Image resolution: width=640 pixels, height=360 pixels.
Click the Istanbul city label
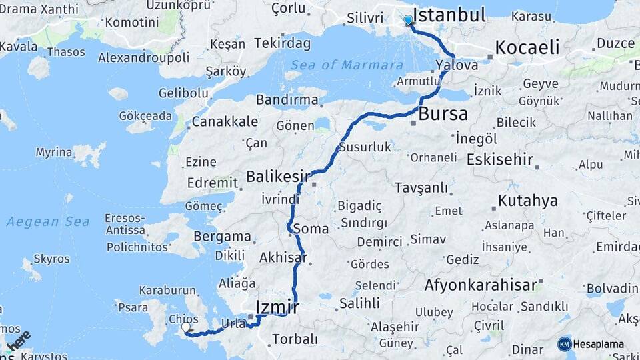coord(449,15)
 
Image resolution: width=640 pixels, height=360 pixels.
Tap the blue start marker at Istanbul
coord(408,21)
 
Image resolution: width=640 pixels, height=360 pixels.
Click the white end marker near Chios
coord(186,327)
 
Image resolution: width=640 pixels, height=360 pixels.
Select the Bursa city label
coord(443,114)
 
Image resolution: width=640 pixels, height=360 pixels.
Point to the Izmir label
coord(277,307)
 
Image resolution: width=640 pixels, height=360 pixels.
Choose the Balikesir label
coord(278,177)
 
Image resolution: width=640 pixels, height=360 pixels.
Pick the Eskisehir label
coord(499,160)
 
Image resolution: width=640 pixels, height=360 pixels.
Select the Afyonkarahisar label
coord(480,285)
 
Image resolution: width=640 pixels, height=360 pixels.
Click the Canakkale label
coord(225,122)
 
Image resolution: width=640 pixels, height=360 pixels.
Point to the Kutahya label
coord(527,201)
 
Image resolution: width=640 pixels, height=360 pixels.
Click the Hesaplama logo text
coord(599,344)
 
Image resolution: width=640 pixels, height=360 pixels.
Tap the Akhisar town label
coord(283,257)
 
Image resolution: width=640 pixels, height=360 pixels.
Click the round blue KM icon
coord(565,344)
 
